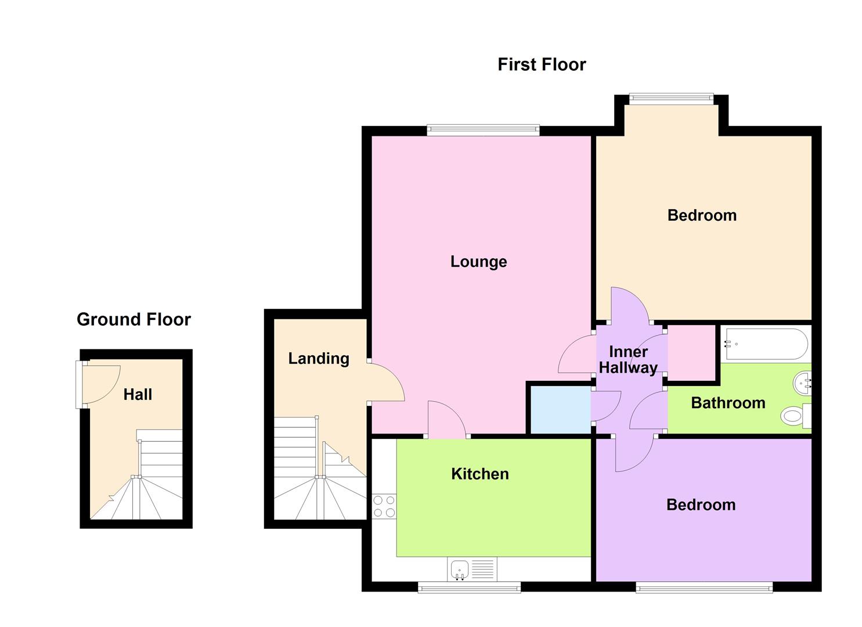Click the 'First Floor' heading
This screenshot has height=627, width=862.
542,64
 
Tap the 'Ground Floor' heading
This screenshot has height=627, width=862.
134,319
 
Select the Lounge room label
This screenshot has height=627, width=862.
478,262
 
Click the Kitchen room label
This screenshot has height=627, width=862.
479,474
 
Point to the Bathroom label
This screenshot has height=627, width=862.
728,403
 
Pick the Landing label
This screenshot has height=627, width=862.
319,359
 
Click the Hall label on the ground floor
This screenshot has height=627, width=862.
138,395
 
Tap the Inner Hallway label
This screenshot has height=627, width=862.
628,360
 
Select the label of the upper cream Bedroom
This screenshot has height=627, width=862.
702,215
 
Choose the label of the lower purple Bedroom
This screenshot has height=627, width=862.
701,505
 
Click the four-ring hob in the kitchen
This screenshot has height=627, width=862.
384,506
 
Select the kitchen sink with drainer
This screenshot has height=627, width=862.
472,569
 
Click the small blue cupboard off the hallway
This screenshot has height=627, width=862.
560,410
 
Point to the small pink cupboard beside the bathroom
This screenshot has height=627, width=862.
691,352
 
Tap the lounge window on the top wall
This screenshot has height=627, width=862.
483,131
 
